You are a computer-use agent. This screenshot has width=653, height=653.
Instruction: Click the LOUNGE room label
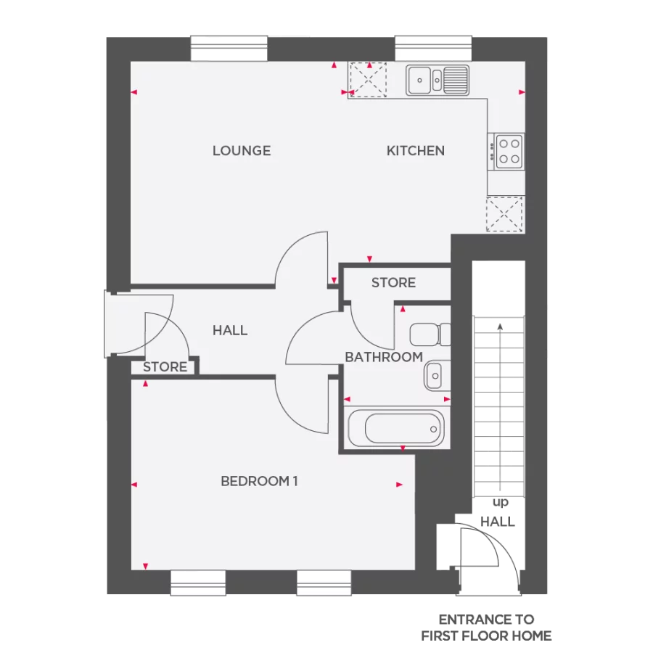242,151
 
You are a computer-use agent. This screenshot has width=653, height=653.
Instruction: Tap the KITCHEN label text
415,151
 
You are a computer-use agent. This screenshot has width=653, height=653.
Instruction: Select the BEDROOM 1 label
259,481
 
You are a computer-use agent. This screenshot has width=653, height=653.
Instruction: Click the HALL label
230,330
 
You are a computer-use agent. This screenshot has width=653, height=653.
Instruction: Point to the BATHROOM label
384,357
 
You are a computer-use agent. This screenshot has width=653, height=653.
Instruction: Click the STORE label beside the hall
165,367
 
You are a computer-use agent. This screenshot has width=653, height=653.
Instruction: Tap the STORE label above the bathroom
393,283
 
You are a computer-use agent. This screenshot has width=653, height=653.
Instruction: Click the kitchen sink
437,79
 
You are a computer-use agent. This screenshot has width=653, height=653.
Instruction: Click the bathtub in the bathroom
395,428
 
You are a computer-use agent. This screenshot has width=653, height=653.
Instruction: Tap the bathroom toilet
430,334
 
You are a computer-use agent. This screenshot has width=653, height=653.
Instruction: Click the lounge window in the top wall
229,49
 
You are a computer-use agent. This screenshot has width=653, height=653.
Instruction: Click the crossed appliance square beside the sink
369,79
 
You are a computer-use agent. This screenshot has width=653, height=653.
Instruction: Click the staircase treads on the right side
498,406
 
